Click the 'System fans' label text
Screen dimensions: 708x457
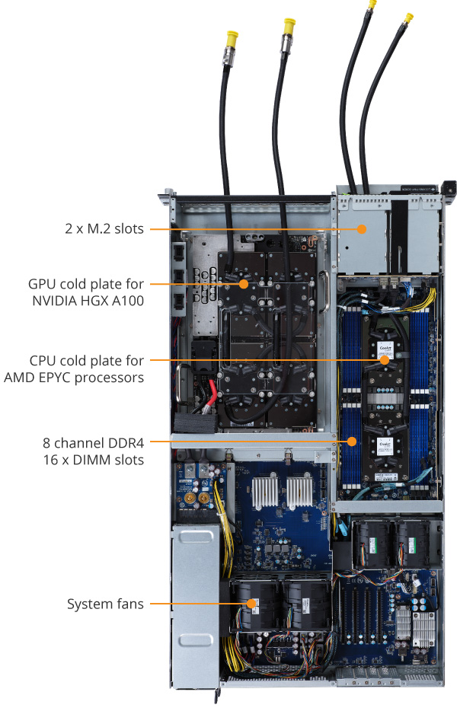click(x=105, y=604)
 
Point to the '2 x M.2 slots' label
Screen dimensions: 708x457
click(x=104, y=228)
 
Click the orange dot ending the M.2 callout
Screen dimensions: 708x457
click(x=363, y=228)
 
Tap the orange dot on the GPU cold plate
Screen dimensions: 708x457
click(x=244, y=284)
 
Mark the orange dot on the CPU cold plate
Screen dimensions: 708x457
click(x=385, y=359)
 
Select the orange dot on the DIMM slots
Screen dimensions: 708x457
click(x=352, y=441)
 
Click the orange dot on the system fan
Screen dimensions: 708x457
click(x=251, y=604)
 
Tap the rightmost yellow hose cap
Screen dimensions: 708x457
click(x=409, y=17)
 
